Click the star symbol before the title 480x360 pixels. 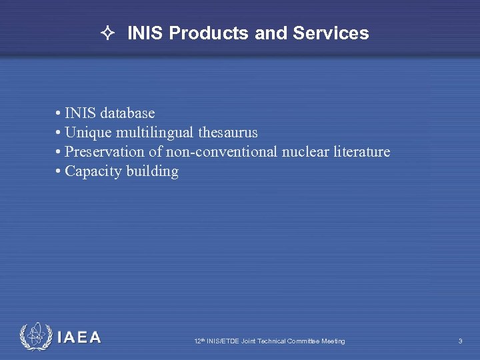(x=109, y=33)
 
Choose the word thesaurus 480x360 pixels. (x=228, y=133)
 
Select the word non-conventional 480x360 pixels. (x=221, y=152)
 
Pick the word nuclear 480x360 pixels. (x=305, y=152)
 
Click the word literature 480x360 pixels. (x=361, y=152)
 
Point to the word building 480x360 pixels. (x=153, y=171)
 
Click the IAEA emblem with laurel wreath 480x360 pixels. (x=35, y=337)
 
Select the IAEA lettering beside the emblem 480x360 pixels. (x=79, y=337)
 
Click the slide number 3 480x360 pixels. (x=460, y=341)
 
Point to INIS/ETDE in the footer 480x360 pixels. (x=224, y=341)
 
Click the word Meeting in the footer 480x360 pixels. (x=333, y=341)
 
